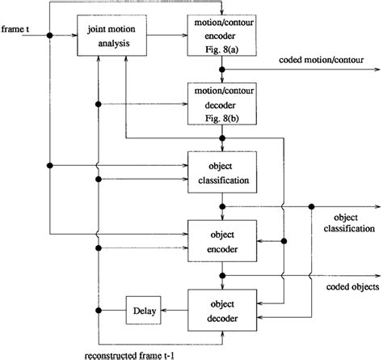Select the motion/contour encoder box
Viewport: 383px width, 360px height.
(x=221, y=36)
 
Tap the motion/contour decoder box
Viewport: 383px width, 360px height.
(x=221, y=104)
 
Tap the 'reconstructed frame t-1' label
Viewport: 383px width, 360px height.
(x=129, y=354)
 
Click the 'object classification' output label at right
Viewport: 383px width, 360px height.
(x=347, y=224)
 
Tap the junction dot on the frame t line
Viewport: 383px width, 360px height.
(x=50, y=36)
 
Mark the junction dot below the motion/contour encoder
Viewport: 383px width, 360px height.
(x=221, y=70)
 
